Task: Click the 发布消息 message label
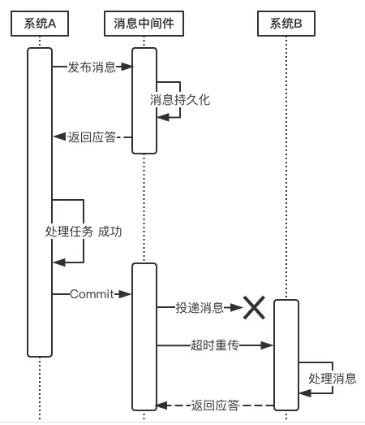pyautogui.click(x=92, y=67)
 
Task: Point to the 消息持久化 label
pyautogui.click(x=180, y=100)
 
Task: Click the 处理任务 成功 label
pyautogui.click(x=84, y=232)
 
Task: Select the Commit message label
pyautogui.click(x=92, y=294)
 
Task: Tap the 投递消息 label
pyautogui.click(x=200, y=308)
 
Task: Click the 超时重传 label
pyautogui.click(x=215, y=345)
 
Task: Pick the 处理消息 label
pyautogui.click(x=333, y=378)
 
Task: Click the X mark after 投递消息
pyautogui.click(x=254, y=307)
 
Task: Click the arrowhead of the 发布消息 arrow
pyautogui.click(x=127, y=67)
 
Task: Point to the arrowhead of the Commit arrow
pyautogui.click(x=125, y=294)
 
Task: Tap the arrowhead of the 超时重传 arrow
pyautogui.click(x=267, y=345)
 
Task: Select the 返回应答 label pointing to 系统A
pyautogui.click(x=92, y=137)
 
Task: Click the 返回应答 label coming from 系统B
pyautogui.click(x=215, y=405)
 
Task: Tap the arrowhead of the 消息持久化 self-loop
pyautogui.click(x=163, y=117)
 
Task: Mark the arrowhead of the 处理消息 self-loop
pyautogui.click(x=305, y=393)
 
